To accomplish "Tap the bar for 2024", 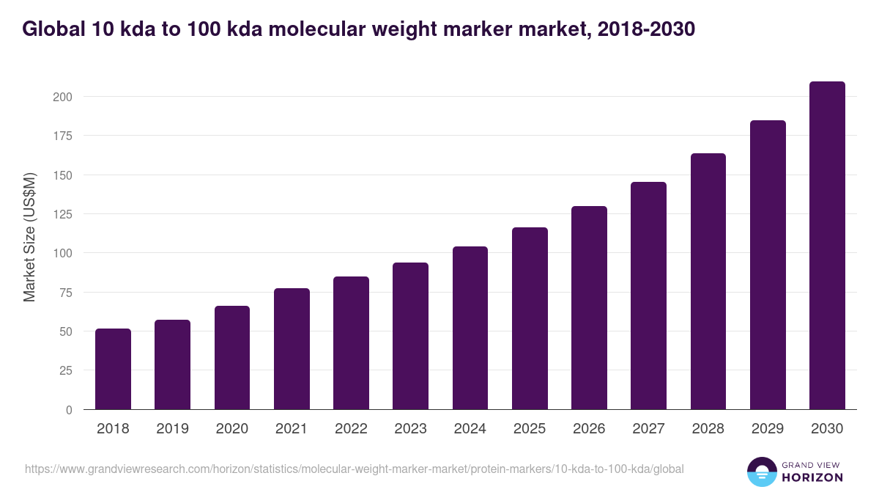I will pos(470,328).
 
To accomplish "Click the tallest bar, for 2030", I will pos(827,246).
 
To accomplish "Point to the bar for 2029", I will pos(768,265).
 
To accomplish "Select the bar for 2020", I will pos(232,358).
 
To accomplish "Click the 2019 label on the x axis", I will pos(172,429).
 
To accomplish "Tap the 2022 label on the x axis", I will pos(351,429).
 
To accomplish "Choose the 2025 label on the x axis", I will pos(530,429).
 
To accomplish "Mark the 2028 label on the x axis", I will pos(708,429).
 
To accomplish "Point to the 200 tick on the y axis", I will pos(63,97).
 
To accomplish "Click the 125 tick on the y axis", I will pos(63,214).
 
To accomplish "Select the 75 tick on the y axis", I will pos(66,293).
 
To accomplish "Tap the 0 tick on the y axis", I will pos(70,410).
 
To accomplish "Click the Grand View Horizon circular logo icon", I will pos(761,472).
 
